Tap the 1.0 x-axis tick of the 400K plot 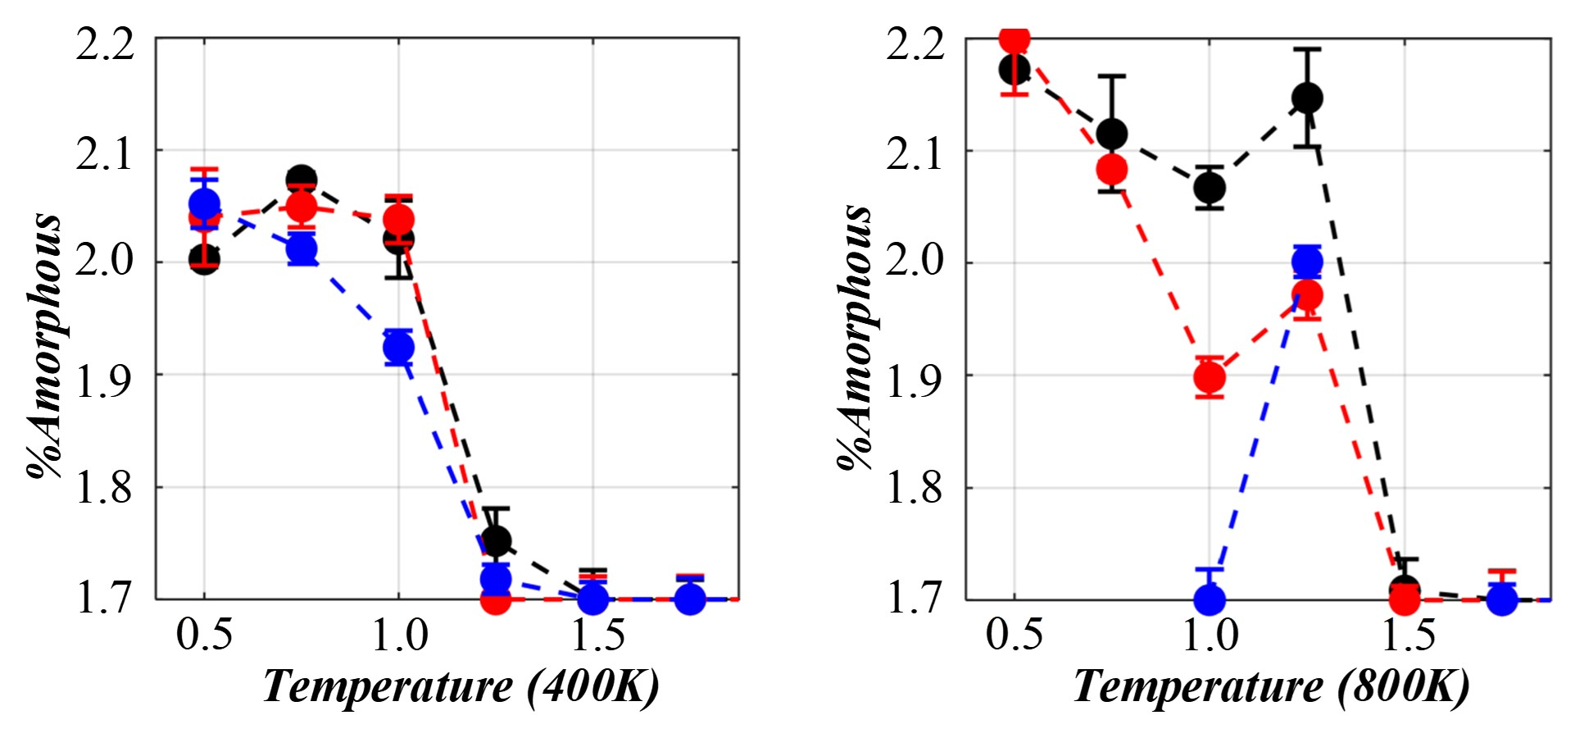399,635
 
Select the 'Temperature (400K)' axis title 461,686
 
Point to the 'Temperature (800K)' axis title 1271,686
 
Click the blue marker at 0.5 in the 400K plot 204,203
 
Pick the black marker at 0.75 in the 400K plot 302,179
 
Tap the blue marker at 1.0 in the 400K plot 398,348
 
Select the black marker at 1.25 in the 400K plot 496,540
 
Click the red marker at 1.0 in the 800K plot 1210,377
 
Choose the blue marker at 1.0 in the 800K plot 1210,599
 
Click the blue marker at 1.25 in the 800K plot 1307,262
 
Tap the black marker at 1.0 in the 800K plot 1210,188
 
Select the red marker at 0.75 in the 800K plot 1112,170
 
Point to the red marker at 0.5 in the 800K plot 1014,39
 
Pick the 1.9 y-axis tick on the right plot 915,380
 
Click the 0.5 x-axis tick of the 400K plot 204,635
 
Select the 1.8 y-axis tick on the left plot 105,490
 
